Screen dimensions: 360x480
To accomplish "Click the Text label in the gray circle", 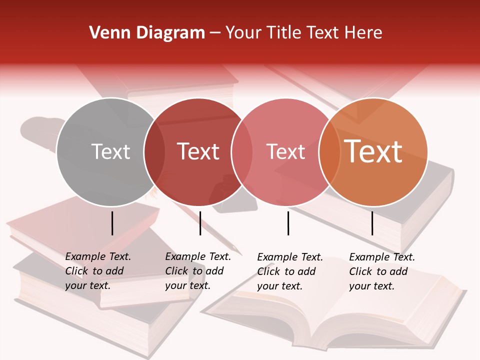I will (x=110, y=151).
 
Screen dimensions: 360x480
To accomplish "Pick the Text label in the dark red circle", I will (x=198, y=151).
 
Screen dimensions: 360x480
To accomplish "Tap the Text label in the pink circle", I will (x=285, y=151).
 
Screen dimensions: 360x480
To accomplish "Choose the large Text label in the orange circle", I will (x=373, y=151).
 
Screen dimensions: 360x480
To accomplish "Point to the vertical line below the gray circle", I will (x=112, y=223).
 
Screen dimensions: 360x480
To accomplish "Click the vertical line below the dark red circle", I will (x=200, y=223).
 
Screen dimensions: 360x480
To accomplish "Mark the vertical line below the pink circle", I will (x=288, y=223).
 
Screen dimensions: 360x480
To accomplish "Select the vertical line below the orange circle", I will (x=372, y=223).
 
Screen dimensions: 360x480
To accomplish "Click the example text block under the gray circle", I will (x=98, y=271).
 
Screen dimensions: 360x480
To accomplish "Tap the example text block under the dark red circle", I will (x=198, y=271).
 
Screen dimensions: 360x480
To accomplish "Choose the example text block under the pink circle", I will (x=290, y=271).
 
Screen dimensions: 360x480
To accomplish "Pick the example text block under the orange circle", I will (x=382, y=271).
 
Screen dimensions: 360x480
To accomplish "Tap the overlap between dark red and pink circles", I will (x=241, y=152).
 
